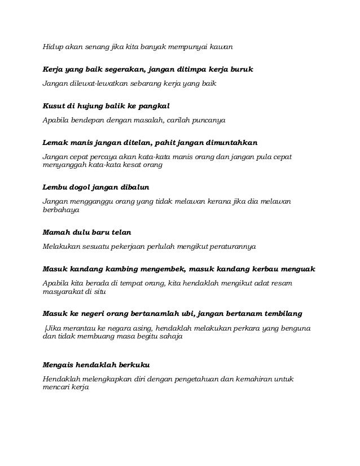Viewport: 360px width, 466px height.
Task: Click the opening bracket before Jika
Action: pos(45,328)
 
